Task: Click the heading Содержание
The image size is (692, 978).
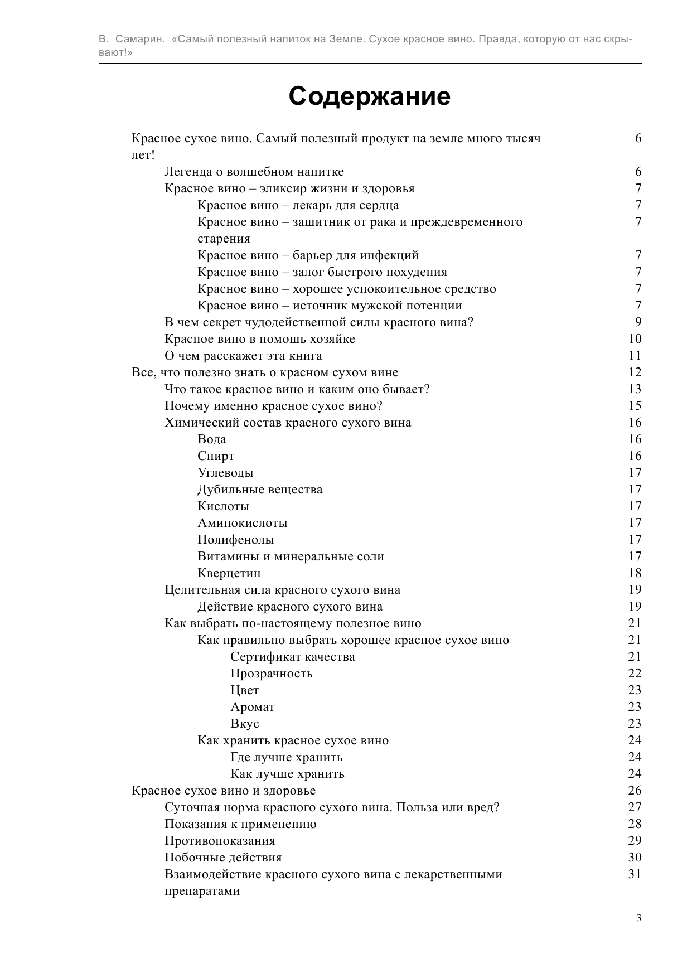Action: [x=369, y=96]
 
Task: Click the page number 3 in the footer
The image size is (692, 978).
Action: [x=638, y=918]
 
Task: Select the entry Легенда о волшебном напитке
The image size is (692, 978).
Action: [x=254, y=172]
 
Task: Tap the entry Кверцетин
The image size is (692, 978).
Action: [x=229, y=573]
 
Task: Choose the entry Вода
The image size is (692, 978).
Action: [x=212, y=439]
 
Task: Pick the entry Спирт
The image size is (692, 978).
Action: [x=216, y=456]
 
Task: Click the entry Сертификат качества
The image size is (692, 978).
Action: [x=293, y=657]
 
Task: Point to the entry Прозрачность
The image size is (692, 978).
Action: [x=272, y=674]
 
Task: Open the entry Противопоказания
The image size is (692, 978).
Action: [x=220, y=841]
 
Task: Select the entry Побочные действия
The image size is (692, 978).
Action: [x=223, y=858]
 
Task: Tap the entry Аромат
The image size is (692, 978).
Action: [x=253, y=707]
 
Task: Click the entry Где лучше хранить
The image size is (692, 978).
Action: [x=287, y=757]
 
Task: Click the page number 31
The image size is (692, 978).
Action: [x=635, y=874]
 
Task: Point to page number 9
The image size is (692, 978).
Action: [x=638, y=322]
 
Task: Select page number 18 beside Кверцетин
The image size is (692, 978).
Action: [x=635, y=573]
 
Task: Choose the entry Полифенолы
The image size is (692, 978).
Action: [x=236, y=540]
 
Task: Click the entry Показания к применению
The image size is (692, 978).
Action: [x=240, y=824]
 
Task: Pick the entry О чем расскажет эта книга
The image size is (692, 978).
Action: [x=243, y=356]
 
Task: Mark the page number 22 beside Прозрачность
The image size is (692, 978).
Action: [x=635, y=674]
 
